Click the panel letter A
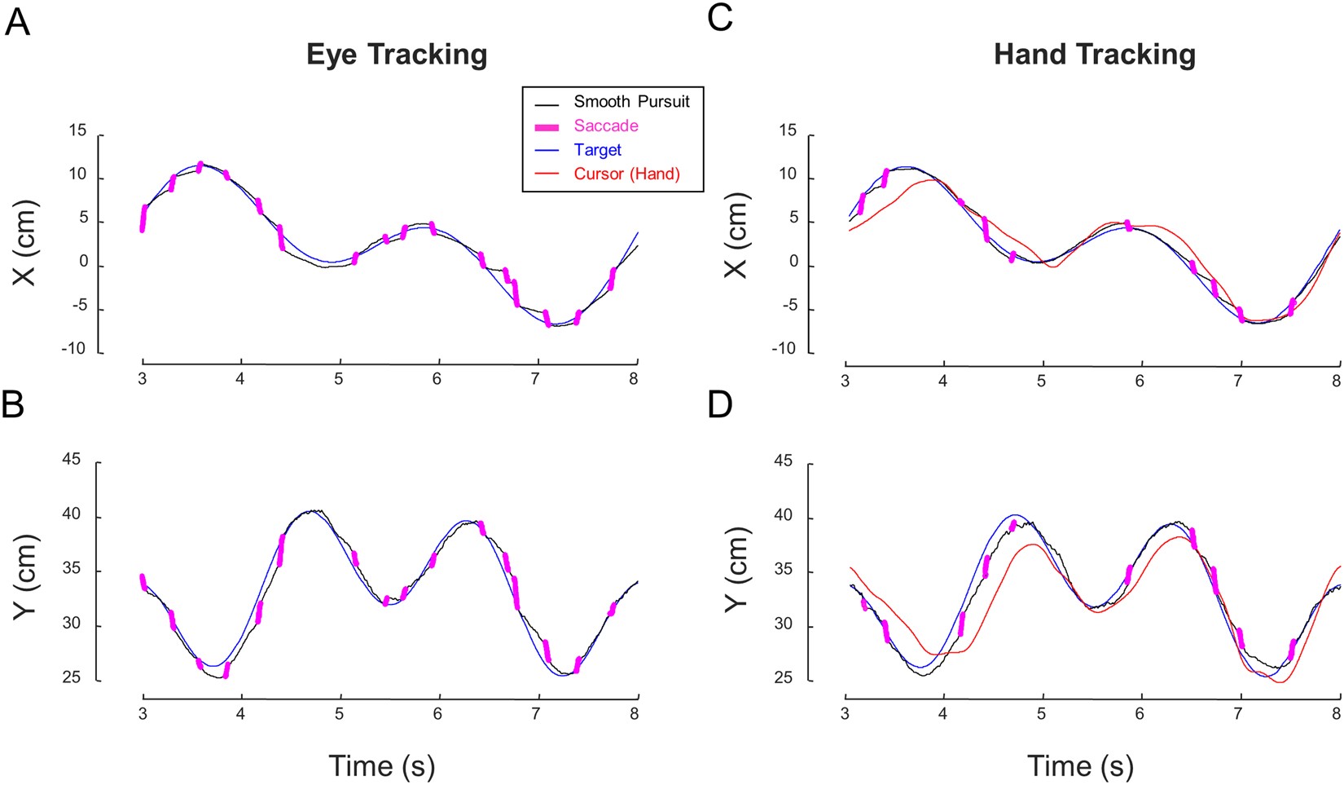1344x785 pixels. [17, 21]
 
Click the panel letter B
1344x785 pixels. [14, 404]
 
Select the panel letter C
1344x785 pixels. [720, 18]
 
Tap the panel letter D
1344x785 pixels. [720, 404]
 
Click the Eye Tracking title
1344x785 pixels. [397, 55]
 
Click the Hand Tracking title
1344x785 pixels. [1094, 55]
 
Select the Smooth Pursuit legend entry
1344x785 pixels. [631, 102]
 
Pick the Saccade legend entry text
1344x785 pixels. [606, 126]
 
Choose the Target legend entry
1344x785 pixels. [597, 150]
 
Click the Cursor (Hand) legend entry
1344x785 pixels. [626, 174]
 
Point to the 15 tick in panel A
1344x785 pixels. [77, 131]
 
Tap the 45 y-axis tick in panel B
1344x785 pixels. [72, 460]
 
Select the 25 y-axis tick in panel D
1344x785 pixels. [783, 678]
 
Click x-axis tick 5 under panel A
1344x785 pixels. [339, 379]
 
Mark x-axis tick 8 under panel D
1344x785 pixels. [1336, 714]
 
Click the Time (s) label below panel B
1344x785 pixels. [381, 766]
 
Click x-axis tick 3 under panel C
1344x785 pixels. [845, 381]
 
